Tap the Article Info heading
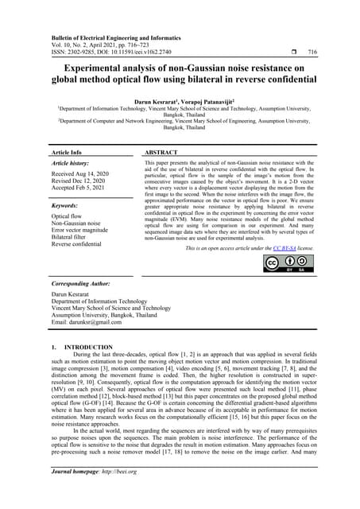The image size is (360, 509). (x=66, y=151)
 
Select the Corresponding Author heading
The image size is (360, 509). (x=83, y=284)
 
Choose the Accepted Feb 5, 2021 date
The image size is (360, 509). (x=80, y=188)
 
